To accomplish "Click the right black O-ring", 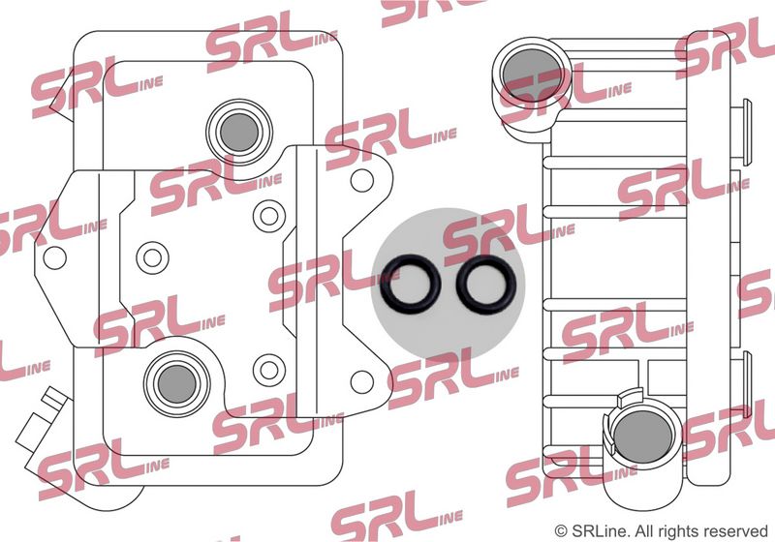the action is (458, 285).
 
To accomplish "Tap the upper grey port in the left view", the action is (239, 133).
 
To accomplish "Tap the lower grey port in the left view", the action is (177, 384).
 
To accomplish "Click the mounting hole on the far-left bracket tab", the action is (55, 257).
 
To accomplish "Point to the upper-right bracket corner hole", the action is (361, 180).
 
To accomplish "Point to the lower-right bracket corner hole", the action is (361, 381).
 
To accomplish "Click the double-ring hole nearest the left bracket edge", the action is (153, 257).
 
